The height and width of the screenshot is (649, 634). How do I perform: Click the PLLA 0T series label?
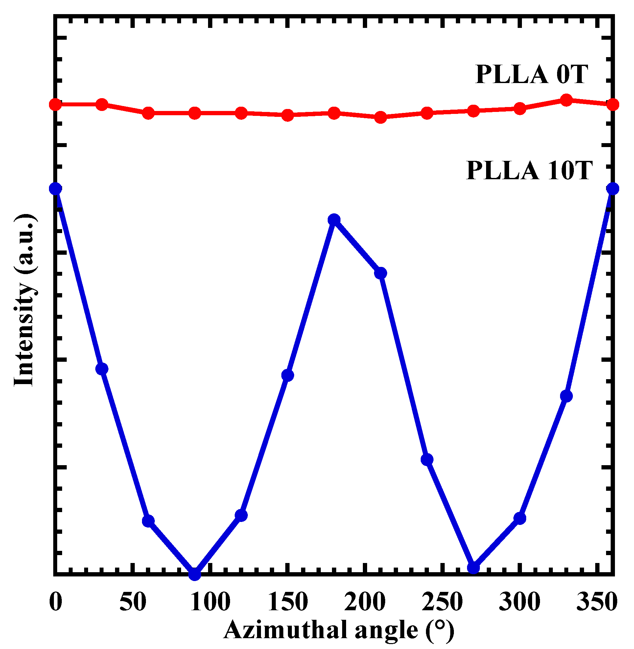532,74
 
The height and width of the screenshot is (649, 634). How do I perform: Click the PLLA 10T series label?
529,170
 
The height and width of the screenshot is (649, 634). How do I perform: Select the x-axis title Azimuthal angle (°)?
339,629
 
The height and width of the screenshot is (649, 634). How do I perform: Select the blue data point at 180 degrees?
334,220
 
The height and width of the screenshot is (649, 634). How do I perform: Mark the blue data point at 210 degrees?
381,273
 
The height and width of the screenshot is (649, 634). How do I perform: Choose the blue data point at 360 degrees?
613,189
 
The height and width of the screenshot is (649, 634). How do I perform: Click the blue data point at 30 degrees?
102,369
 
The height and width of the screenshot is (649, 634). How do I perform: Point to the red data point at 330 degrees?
566,100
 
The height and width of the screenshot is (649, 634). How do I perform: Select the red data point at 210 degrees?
381,117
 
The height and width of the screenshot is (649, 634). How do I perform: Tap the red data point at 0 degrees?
56,104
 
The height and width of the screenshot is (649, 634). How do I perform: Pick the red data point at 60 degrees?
149,113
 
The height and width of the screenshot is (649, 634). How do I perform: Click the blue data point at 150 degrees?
288,375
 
